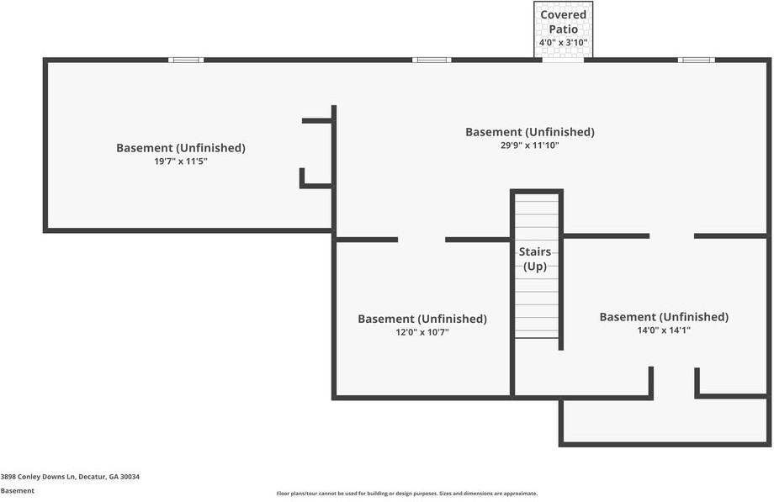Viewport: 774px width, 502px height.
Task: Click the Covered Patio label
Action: coord(563,22)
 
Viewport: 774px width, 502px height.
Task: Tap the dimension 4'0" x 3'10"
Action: coord(563,42)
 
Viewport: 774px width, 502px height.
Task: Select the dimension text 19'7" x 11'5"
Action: coord(181,161)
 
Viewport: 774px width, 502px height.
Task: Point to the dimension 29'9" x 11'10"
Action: coord(530,145)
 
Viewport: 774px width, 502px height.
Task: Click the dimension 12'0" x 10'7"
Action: coord(422,332)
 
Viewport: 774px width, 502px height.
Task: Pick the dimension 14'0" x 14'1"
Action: coord(664,330)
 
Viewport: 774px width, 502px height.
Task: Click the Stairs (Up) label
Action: coord(535,259)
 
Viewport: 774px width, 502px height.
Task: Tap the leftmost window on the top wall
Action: coord(186,61)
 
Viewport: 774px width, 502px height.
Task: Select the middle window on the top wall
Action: coord(432,61)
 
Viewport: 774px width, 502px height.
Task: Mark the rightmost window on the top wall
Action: coord(696,61)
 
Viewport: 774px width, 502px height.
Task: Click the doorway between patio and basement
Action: coord(563,61)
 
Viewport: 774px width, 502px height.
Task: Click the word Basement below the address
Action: coord(18,490)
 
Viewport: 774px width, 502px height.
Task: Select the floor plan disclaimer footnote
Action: coord(406,493)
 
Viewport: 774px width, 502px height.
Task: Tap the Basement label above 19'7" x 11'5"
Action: coord(181,148)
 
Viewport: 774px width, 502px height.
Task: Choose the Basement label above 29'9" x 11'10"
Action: coord(530,132)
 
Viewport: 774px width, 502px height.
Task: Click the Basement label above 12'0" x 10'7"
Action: coord(422,319)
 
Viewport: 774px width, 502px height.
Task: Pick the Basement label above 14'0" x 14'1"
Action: coord(664,317)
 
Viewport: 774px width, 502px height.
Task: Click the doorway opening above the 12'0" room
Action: coord(421,240)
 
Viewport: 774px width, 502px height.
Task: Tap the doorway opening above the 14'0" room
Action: coord(672,236)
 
